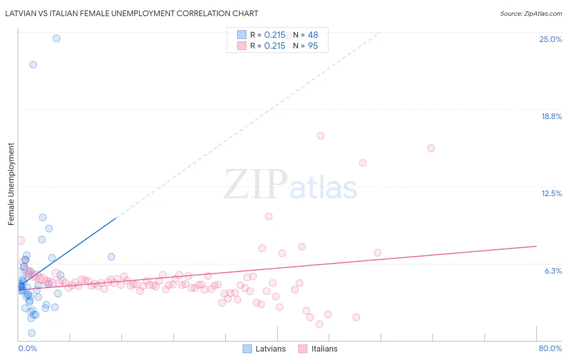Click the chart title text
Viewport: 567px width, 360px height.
pos(131,13)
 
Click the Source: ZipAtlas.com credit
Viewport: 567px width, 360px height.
pos(531,13)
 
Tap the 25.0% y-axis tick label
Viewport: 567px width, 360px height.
pos(550,39)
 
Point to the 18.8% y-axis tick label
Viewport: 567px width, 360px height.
pos(551,116)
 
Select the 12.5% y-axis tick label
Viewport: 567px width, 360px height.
pos(551,193)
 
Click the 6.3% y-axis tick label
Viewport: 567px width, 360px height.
pos(553,271)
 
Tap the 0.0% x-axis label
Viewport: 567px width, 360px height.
pos(27,348)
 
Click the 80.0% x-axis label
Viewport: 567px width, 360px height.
pos(550,348)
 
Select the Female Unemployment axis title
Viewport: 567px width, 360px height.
pos(11,184)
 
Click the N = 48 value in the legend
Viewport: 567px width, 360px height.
pos(306,35)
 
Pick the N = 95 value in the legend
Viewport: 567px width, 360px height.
pos(306,46)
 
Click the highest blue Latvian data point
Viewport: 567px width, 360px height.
pos(56,38)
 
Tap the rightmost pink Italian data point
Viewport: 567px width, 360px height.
pos(431,148)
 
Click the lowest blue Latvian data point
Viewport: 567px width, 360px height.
pos(32,333)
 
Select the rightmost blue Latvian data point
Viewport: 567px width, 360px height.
pos(111,257)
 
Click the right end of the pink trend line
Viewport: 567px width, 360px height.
pos(536,246)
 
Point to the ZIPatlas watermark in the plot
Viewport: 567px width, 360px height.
pos(290,185)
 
